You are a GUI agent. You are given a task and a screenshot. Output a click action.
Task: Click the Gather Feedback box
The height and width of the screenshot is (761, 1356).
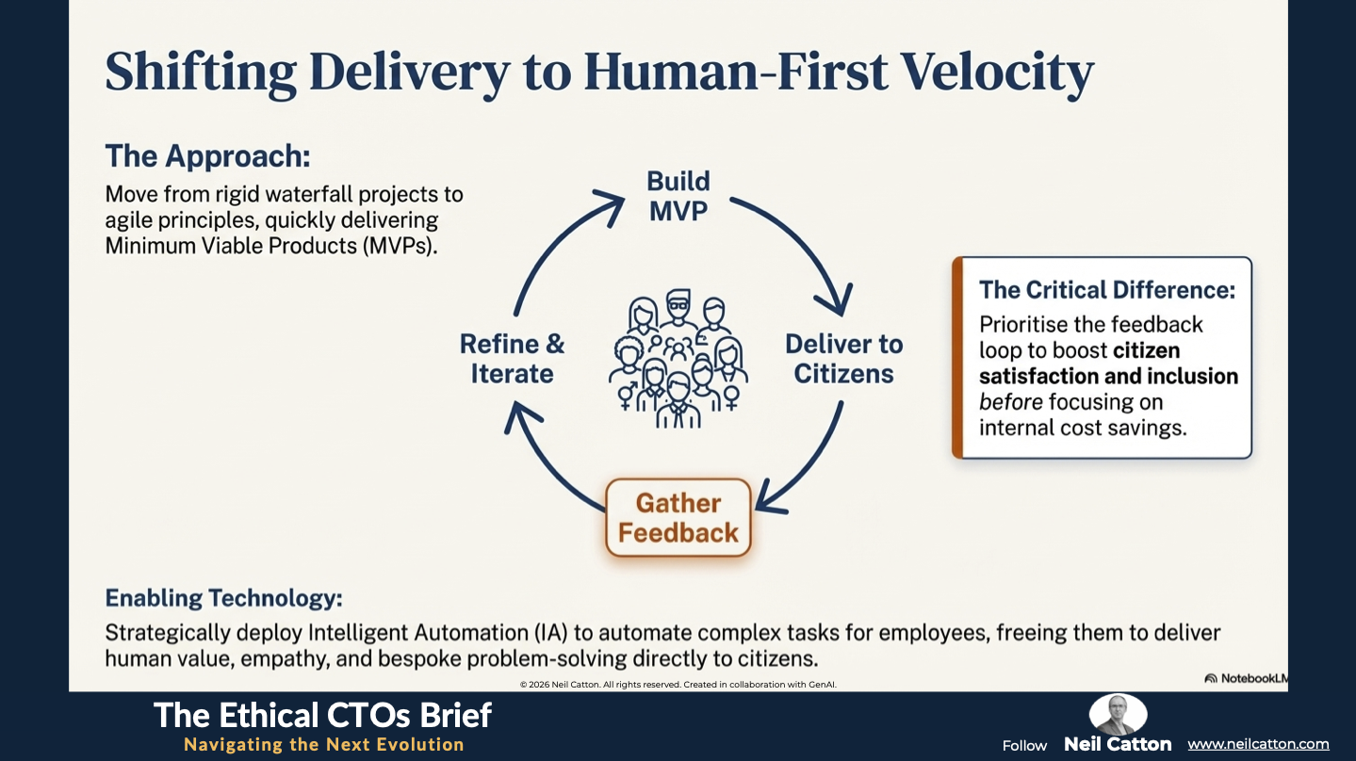tap(678, 518)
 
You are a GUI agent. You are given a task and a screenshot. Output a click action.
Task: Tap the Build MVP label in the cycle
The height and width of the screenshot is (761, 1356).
tap(678, 196)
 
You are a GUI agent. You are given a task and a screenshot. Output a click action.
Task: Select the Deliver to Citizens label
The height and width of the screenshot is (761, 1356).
tap(843, 359)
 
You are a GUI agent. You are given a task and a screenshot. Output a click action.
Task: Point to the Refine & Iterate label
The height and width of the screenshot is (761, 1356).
tap(512, 359)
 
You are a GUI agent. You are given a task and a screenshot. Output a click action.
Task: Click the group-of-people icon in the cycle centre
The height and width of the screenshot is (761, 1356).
tap(677, 359)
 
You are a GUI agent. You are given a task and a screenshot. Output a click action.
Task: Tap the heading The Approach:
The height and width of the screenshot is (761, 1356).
tap(207, 156)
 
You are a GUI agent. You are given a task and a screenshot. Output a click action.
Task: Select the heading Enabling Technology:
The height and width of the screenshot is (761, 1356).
tap(223, 598)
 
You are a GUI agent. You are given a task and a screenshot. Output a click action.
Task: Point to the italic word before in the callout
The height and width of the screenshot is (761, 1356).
tap(1010, 402)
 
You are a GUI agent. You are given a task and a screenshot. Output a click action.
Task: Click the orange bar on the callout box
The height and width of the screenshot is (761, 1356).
tap(957, 358)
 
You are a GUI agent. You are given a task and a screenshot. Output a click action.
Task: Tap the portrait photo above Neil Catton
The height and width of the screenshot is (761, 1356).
tap(1118, 715)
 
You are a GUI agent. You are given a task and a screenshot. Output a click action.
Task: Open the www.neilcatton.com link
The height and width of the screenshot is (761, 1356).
tap(1258, 744)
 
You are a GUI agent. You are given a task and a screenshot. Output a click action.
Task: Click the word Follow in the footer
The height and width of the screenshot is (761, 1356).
tap(1024, 745)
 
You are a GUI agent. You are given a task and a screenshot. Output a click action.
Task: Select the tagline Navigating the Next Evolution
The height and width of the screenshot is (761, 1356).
tap(323, 745)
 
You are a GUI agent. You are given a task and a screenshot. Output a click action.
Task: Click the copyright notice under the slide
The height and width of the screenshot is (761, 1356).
tap(678, 685)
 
